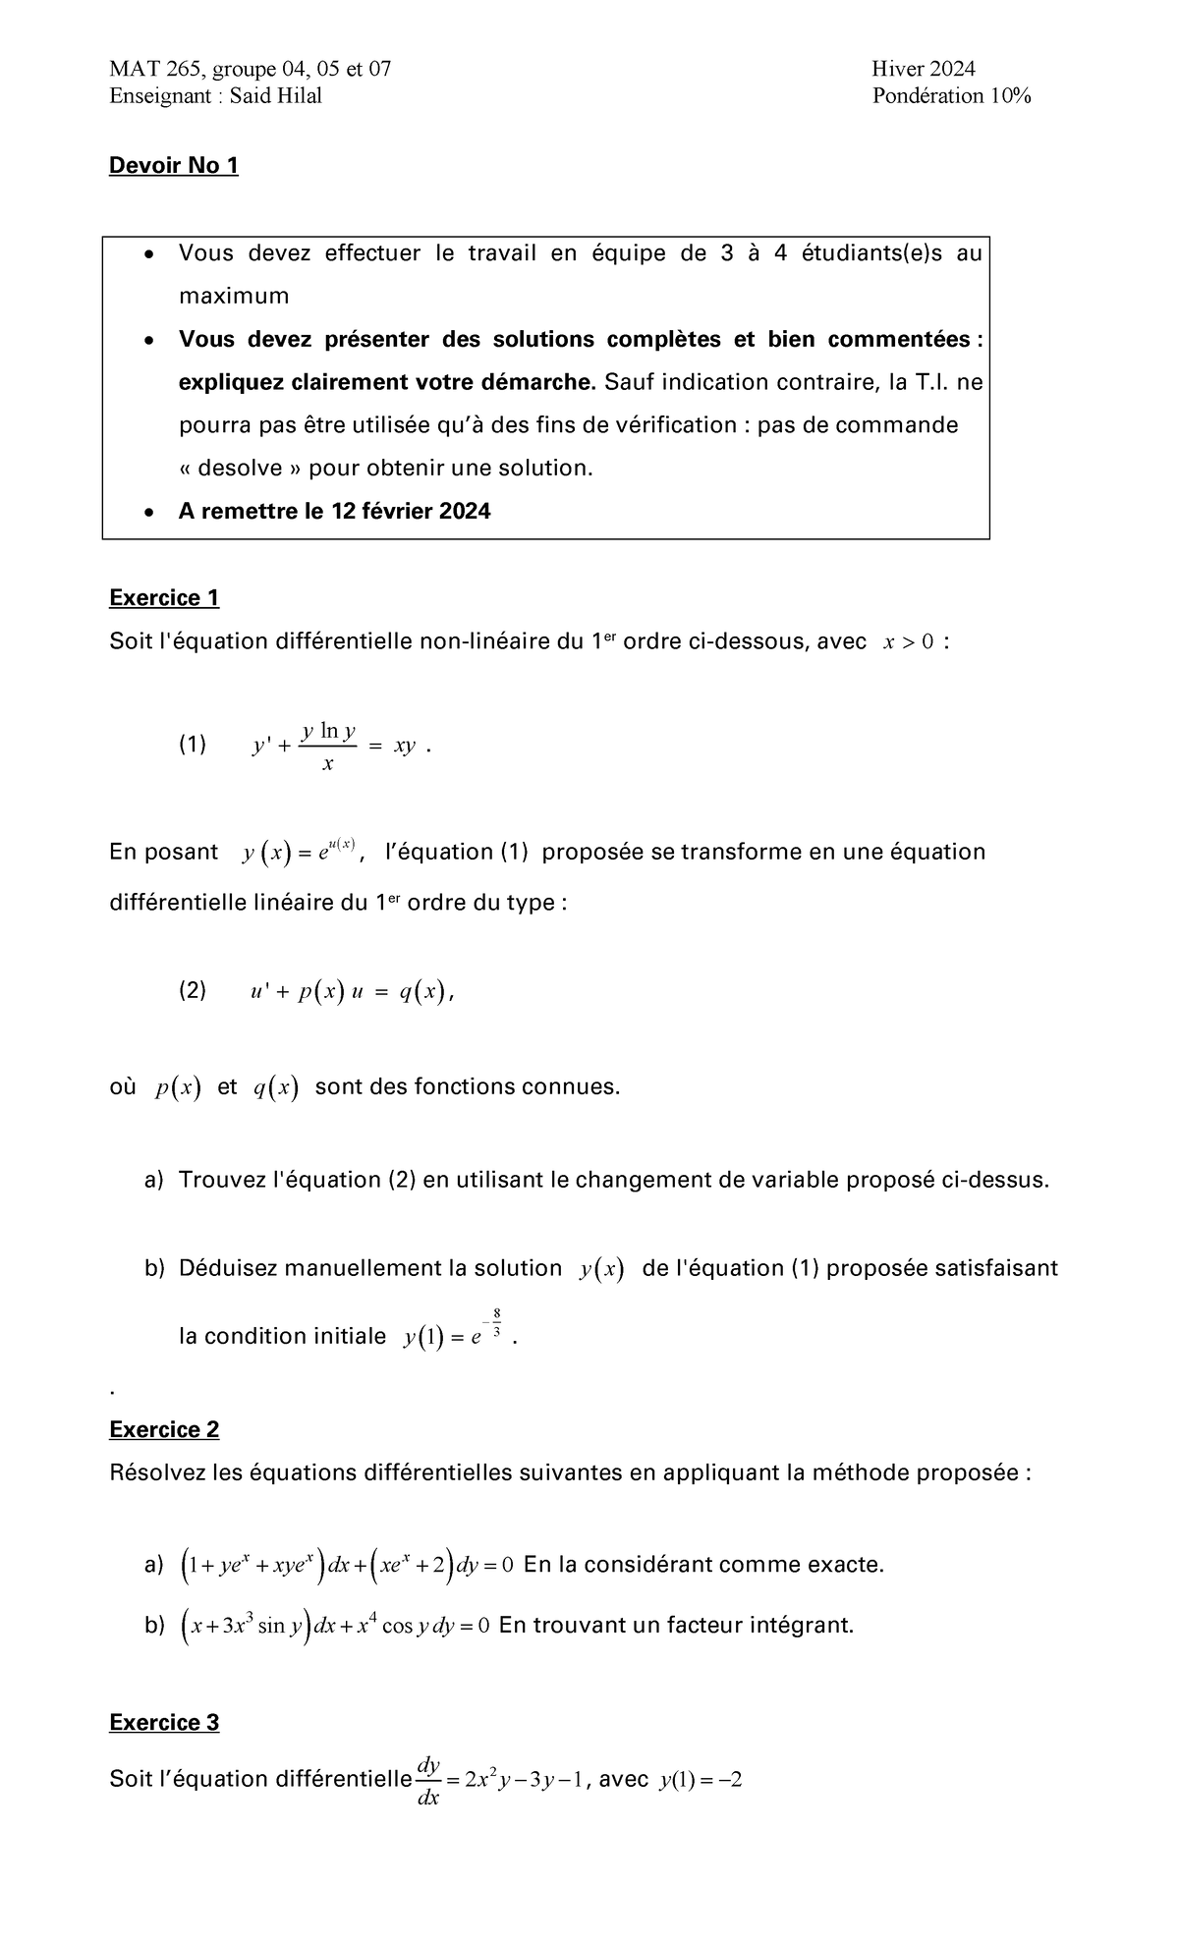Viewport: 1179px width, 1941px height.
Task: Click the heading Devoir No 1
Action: [173, 166]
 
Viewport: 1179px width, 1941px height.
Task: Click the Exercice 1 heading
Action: [164, 598]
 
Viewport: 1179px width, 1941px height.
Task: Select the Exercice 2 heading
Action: [164, 1429]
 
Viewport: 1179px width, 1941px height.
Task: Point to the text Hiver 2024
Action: [923, 69]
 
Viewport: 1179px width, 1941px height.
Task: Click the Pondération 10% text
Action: [950, 96]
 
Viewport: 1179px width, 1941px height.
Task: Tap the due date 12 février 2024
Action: [411, 512]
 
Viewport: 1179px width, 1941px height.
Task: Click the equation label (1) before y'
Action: [193, 746]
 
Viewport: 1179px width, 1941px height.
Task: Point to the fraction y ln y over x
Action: [328, 747]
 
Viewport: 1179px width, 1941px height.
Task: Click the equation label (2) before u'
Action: [193, 991]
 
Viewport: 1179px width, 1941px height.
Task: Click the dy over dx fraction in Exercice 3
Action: [428, 1781]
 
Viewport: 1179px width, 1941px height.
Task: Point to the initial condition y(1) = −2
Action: [701, 1780]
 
